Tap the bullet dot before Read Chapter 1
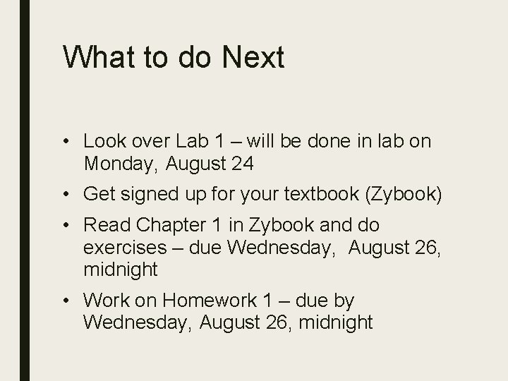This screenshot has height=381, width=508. coord(66,226)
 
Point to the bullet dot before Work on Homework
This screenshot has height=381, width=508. coord(66,301)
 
